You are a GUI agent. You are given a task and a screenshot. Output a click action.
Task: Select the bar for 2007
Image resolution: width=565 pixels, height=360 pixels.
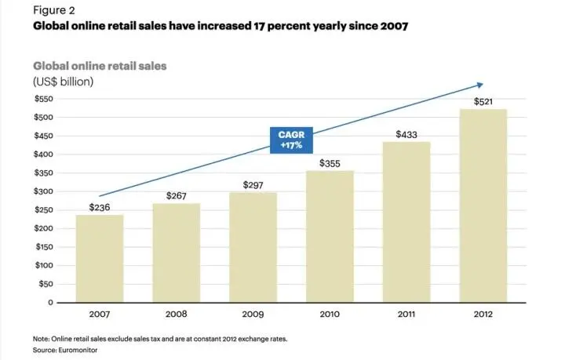(x=100, y=258)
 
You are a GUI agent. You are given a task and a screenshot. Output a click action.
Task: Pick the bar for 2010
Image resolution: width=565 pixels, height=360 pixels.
(x=330, y=236)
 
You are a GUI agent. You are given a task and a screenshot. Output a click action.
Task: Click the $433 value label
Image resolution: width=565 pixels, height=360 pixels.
(x=406, y=134)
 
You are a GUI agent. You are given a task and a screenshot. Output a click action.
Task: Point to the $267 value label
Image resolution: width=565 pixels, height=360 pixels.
(x=177, y=195)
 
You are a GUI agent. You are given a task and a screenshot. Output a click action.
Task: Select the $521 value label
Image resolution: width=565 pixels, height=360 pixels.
(x=484, y=102)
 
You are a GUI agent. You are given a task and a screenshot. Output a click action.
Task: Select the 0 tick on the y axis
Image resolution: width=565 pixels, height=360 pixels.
(x=49, y=302)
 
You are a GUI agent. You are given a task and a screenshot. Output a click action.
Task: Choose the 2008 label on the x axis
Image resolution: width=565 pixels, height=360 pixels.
(x=177, y=315)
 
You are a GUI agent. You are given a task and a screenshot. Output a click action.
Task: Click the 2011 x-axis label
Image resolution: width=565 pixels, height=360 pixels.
(x=407, y=315)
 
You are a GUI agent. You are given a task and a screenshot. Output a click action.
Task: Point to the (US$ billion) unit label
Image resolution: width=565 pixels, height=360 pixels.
(x=64, y=81)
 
